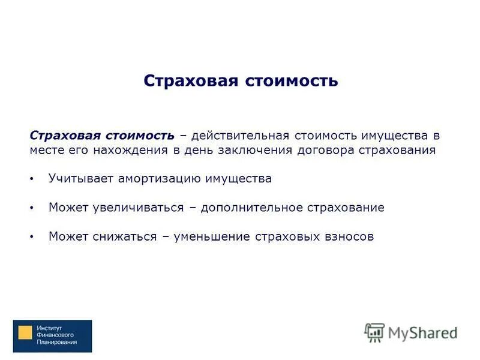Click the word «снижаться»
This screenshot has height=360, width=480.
[x=125, y=237]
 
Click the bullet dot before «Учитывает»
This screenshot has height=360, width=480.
[x=32, y=179]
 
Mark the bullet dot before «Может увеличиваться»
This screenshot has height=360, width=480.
[x=32, y=208]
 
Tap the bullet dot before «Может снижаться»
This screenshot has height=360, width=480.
[x=32, y=238]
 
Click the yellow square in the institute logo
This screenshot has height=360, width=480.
[x=25, y=334]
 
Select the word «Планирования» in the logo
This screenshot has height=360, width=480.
[x=57, y=342]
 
